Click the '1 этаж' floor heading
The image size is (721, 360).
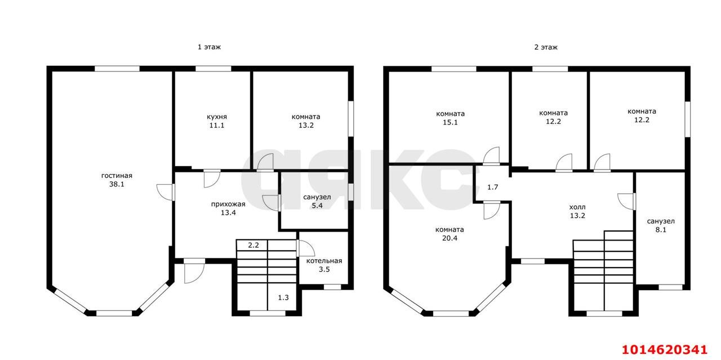209,47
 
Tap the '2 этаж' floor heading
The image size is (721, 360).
546,47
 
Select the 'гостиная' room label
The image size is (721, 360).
117,175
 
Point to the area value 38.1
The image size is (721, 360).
117,184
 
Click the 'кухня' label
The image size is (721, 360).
217,117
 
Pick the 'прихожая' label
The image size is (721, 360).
228,204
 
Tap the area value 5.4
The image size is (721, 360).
317,206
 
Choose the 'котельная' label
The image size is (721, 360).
324,261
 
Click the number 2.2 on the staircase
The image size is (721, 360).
253,246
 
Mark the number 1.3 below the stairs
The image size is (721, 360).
283,297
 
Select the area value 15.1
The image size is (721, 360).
450,122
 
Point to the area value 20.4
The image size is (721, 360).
449,238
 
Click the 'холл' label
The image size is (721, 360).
577,207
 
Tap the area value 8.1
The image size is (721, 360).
661,230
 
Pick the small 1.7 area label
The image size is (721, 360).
493,187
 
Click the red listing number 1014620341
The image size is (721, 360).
664,350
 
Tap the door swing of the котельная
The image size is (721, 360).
306,248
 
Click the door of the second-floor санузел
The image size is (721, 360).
626,201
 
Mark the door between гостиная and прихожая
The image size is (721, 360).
166,192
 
